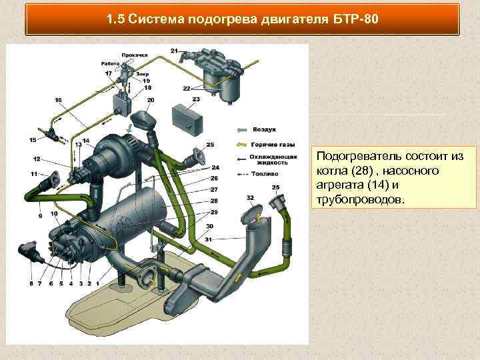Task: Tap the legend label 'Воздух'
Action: point(265,129)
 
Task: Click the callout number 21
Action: point(174,51)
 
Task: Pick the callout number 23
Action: point(195,99)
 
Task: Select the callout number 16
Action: point(59,100)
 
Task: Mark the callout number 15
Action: point(33,140)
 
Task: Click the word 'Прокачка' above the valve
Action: point(134,55)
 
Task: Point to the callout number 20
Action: point(150,100)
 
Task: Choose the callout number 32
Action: point(250,198)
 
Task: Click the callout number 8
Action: point(31,283)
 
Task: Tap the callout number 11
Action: point(33,173)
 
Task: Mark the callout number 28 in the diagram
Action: point(214,201)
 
